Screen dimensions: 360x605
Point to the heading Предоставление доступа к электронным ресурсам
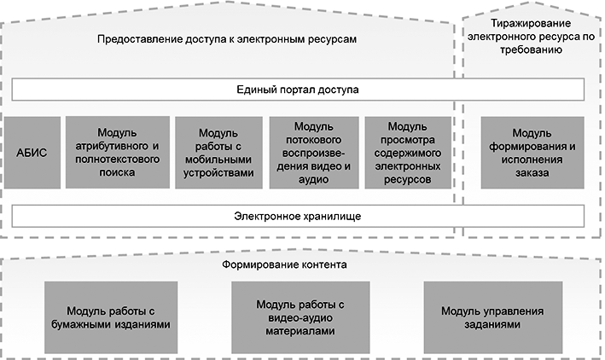tap(226, 39)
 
